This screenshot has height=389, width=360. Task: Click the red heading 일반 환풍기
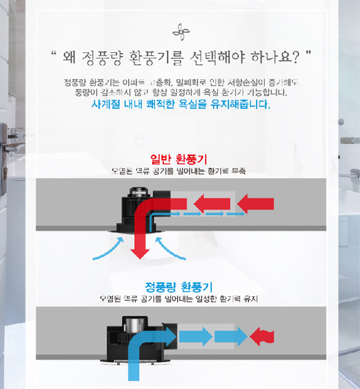(x=179, y=159)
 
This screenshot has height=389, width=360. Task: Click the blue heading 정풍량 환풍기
(x=179, y=287)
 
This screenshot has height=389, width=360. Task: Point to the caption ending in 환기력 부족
(x=179, y=171)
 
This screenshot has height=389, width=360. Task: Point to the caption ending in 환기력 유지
(x=179, y=299)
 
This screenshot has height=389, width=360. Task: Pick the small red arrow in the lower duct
(x=262, y=337)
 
